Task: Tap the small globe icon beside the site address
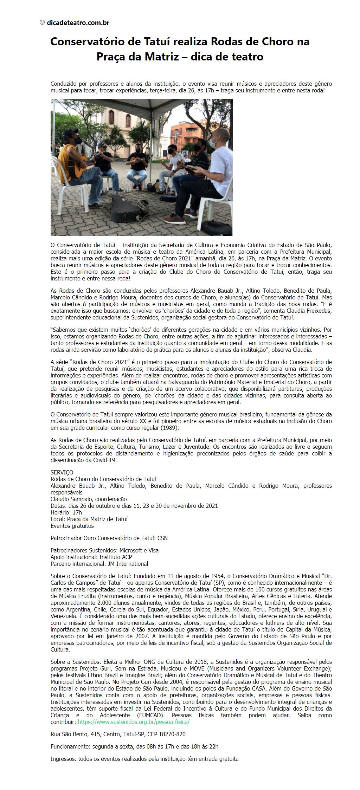[42, 22]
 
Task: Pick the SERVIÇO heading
[62, 472]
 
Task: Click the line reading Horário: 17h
[66, 512]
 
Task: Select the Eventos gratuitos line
[72, 526]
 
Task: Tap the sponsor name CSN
[162, 538]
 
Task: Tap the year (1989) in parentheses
[167, 428]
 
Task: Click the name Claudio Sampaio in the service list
[70, 499]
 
